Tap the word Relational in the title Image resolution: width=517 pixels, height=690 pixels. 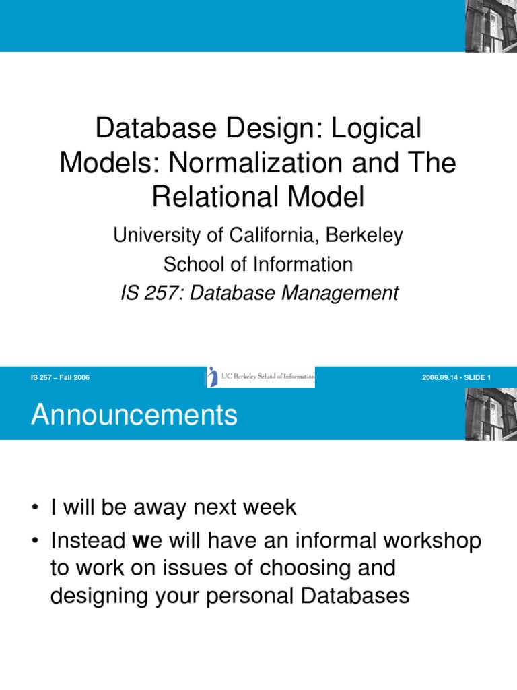(217, 197)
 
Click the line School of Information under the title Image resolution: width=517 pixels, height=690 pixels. (258, 264)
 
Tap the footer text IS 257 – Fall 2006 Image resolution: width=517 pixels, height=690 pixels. (60, 377)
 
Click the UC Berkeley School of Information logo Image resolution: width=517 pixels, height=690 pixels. (260, 377)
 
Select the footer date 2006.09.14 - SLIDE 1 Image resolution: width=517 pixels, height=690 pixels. (456, 377)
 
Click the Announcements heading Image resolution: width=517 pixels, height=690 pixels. (134, 415)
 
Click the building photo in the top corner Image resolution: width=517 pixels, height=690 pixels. (489, 26)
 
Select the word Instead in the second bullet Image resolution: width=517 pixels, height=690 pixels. (87, 542)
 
